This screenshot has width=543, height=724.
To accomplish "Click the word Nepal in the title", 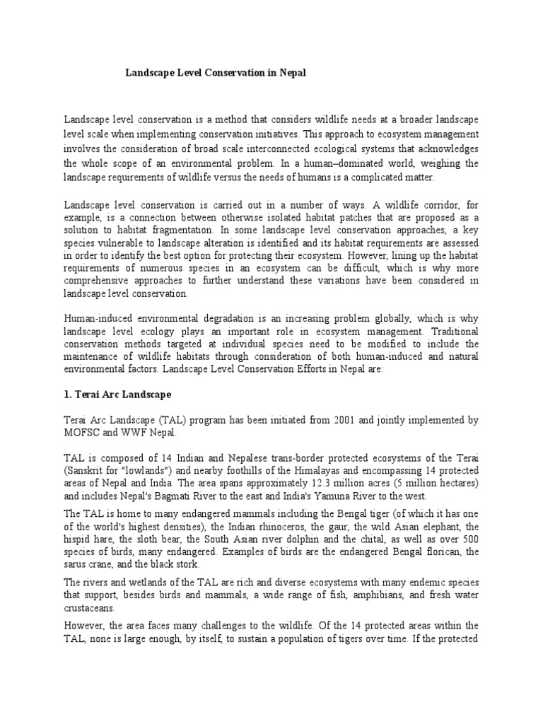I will click(292, 73).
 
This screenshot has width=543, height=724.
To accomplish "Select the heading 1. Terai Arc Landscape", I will click(118, 393).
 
